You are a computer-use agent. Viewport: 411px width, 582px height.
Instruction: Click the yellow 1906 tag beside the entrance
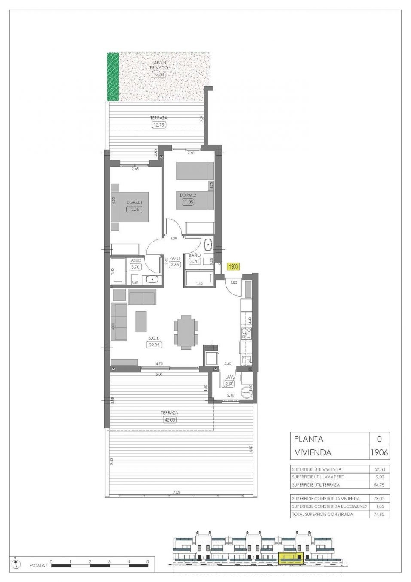233,266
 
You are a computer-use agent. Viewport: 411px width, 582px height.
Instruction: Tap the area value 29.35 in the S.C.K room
154,345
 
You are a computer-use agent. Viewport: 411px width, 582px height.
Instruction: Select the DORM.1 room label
134,202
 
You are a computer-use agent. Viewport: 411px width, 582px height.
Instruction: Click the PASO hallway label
175,258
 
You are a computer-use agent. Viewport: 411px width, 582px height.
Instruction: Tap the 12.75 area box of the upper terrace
159,125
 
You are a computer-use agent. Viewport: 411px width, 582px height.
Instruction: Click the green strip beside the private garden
113,77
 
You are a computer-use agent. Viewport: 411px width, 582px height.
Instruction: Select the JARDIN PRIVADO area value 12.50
159,74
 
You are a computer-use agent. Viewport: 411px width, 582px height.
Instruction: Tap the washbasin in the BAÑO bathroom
208,243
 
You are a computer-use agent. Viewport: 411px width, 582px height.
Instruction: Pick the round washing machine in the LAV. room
246,393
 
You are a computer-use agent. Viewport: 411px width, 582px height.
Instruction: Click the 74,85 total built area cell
379,514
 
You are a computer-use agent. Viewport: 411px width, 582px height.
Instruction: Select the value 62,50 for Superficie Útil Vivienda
379,469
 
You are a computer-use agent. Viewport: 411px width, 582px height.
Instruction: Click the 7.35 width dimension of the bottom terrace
177,492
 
